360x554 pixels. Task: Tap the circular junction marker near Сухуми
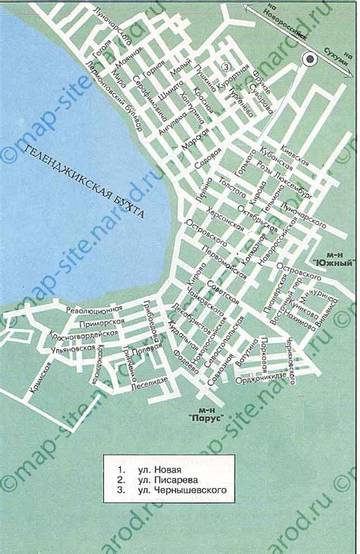tap(309, 60)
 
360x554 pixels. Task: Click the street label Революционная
tap(93, 310)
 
